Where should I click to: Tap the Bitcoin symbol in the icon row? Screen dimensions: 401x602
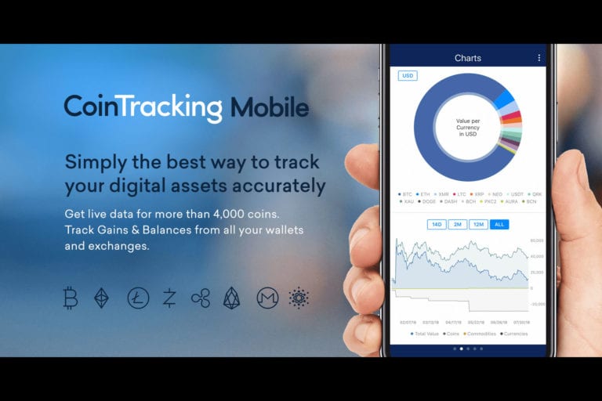[71, 298]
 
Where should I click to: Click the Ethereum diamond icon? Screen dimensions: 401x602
[102, 298]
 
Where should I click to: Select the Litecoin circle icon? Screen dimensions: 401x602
[138, 298]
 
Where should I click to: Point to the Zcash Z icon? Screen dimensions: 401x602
[169, 298]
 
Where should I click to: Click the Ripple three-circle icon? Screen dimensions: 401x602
[201, 298]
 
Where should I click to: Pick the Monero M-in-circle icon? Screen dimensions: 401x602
[267, 298]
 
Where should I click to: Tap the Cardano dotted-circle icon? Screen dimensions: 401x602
[299, 298]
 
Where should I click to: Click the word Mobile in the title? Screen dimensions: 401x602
[270, 107]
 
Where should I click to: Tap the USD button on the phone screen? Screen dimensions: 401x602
[408, 76]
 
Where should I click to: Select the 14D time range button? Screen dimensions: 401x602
[437, 225]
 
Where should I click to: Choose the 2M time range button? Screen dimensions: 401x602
[458, 225]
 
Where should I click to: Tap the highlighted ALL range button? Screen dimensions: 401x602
[499, 225]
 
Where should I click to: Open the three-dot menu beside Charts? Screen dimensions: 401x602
[539, 58]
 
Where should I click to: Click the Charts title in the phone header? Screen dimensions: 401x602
[468, 58]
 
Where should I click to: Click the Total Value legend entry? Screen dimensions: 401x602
[426, 334]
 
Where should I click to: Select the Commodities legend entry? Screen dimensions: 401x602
[480, 334]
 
